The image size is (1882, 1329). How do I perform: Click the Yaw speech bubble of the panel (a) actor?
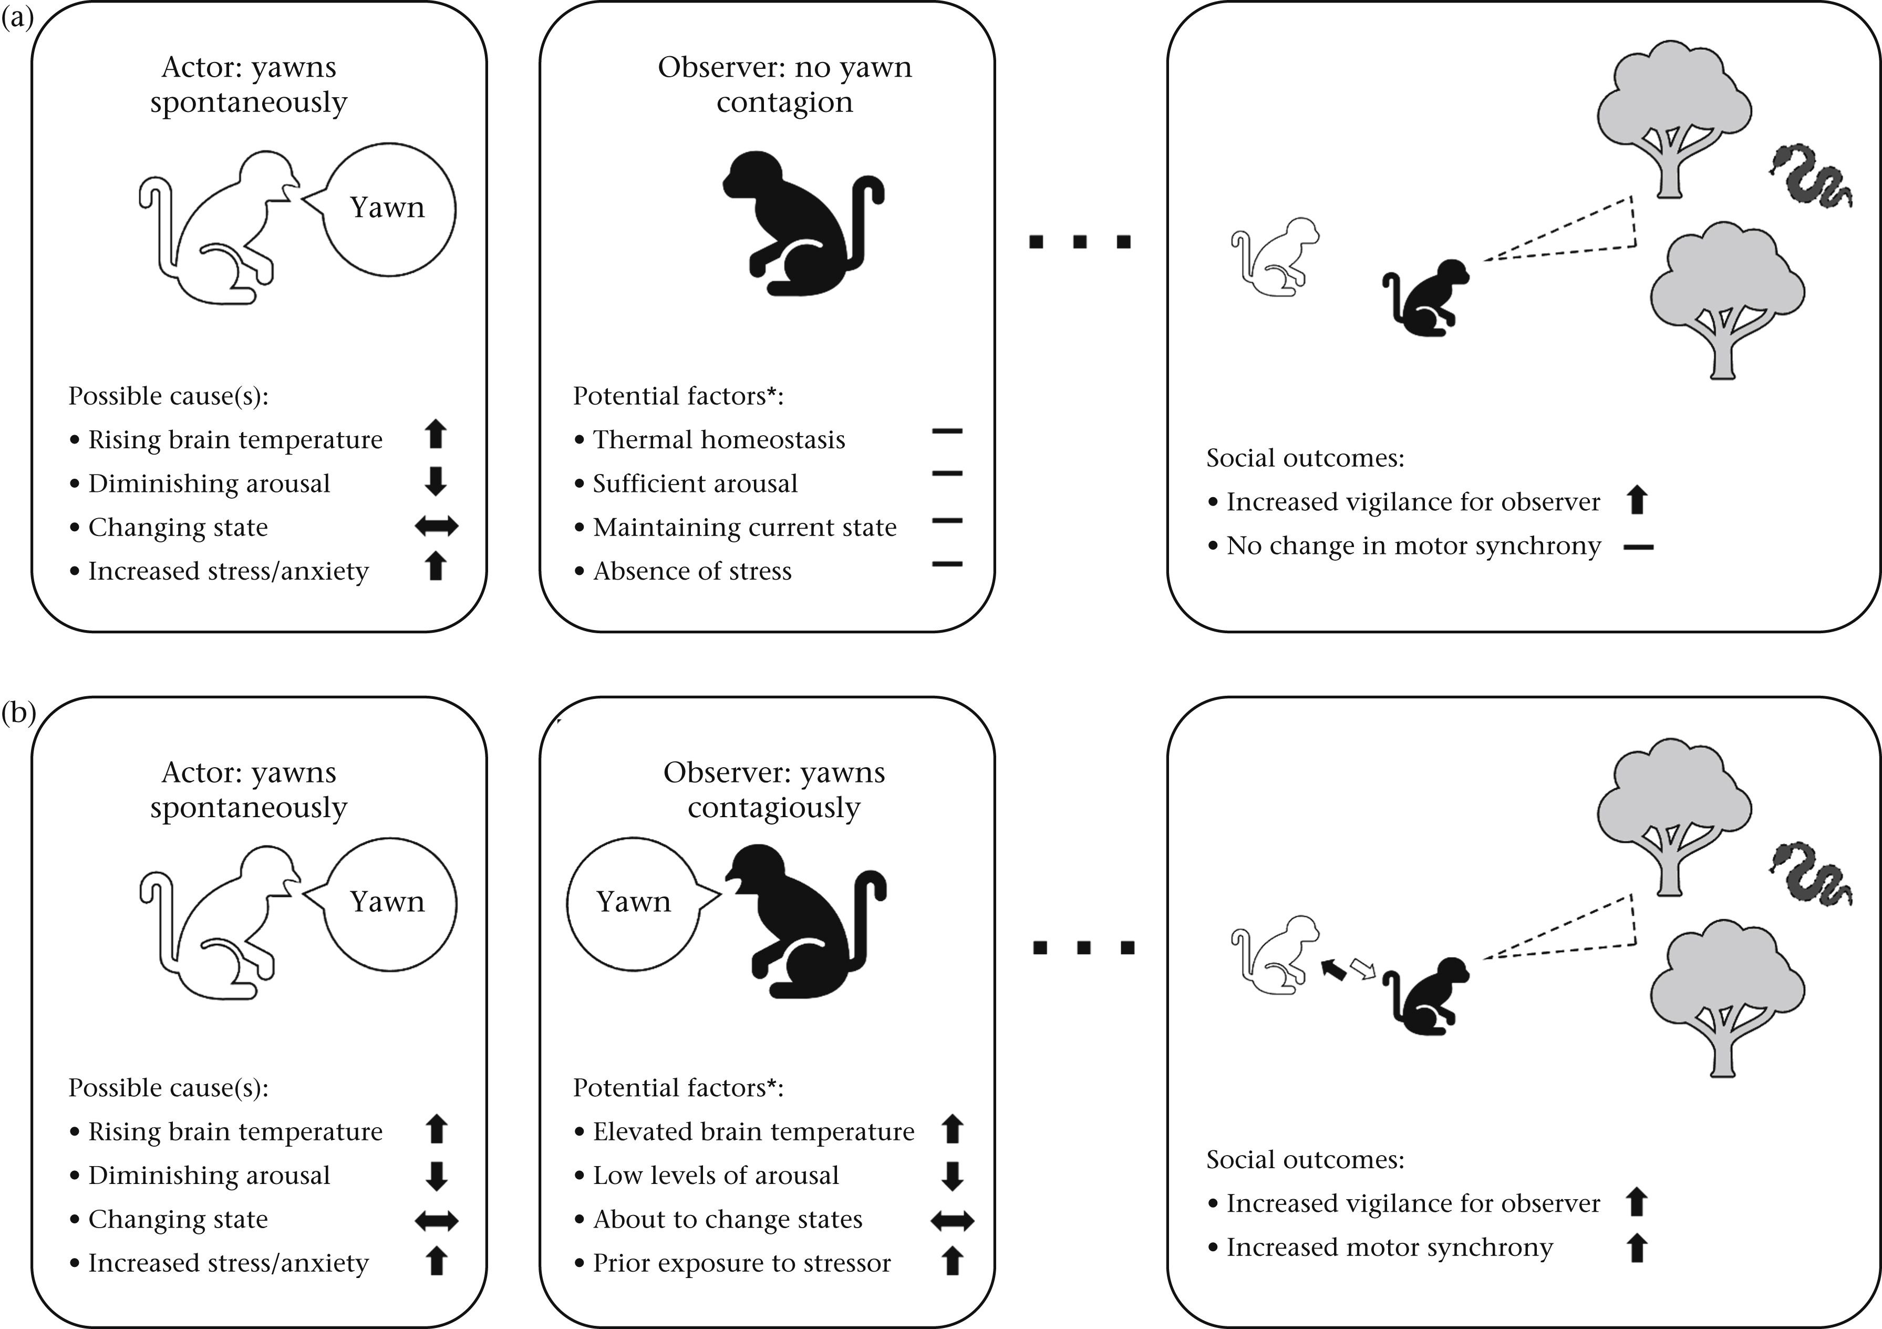388,209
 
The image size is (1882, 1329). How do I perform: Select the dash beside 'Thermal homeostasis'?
947,430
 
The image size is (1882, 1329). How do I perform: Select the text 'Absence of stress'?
692,571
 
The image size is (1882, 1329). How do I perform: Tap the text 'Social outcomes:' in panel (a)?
1305,458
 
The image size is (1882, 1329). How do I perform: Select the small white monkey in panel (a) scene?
1275,256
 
